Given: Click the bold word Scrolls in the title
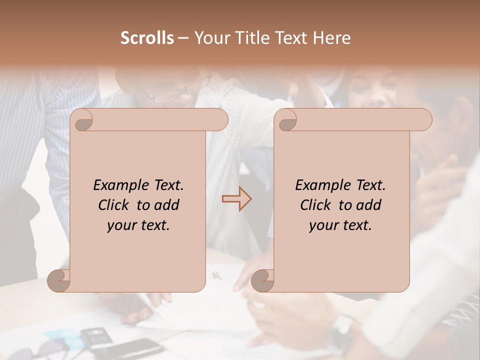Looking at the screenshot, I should pyautogui.click(x=147, y=38).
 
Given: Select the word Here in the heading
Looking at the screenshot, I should pyautogui.click(x=332, y=38).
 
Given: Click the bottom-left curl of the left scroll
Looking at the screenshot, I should pyautogui.click(x=59, y=281).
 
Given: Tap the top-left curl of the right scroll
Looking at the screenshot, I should pyautogui.click(x=286, y=120).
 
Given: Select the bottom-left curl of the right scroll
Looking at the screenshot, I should pyautogui.click(x=262, y=281).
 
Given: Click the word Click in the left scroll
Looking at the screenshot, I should pyautogui.click(x=114, y=205).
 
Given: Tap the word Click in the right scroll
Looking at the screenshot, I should pyautogui.click(x=316, y=205).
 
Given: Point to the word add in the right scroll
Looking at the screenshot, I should pyautogui.click(x=369, y=205).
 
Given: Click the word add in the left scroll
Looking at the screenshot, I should pyautogui.click(x=167, y=205).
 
